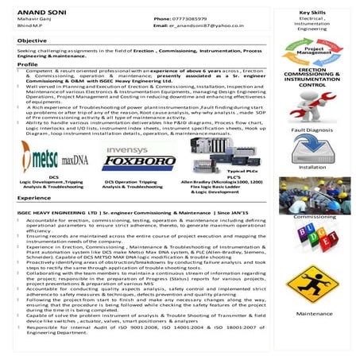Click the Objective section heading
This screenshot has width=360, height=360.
click(x=33, y=39)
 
